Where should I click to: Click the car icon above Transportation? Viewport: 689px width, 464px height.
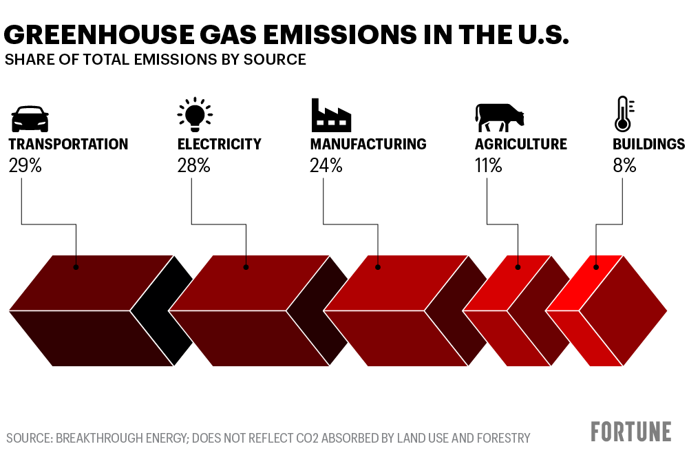(30, 118)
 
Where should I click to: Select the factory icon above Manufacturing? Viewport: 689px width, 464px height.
(331, 115)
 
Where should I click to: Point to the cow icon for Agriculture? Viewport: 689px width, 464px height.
(499, 117)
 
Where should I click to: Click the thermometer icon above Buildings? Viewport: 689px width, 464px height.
(623, 114)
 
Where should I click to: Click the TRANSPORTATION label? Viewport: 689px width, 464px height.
(68, 145)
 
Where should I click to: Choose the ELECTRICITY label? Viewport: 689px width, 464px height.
(220, 145)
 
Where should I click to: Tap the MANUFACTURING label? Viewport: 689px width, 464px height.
(368, 145)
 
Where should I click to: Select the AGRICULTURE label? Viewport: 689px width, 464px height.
(521, 145)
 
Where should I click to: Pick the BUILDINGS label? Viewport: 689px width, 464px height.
(649, 145)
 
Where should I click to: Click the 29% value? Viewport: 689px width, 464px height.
(25, 166)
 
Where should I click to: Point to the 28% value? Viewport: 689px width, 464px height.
(193, 166)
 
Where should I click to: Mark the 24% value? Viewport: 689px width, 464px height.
(326, 166)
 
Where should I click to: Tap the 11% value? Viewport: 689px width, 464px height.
(488, 166)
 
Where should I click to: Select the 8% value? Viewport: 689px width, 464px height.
(624, 166)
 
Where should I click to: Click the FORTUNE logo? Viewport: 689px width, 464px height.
(630, 432)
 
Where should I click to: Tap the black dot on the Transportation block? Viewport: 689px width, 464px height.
(76, 266)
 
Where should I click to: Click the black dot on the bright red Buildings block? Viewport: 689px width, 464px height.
(597, 266)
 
